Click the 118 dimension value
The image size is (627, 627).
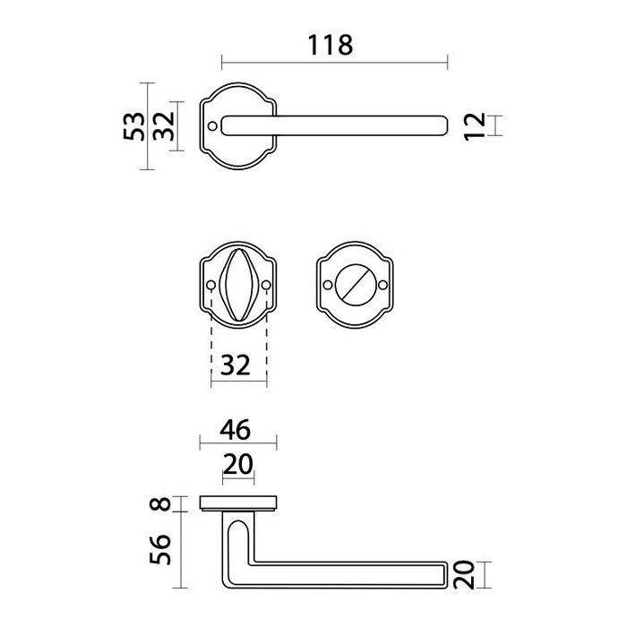click(x=331, y=45)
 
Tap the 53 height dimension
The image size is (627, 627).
click(x=134, y=126)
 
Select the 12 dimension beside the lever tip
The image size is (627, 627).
click(x=475, y=126)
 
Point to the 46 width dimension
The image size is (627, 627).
click(x=235, y=430)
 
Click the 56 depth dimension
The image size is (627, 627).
click(x=160, y=549)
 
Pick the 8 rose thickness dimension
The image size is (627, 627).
click(x=160, y=503)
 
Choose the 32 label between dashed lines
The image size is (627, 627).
click(x=236, y=365)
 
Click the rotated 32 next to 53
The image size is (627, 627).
click(x=164, y=126)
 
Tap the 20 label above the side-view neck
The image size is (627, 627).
click(x=238, y=464)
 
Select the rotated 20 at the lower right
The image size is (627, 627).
click(x=464, y=575)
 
